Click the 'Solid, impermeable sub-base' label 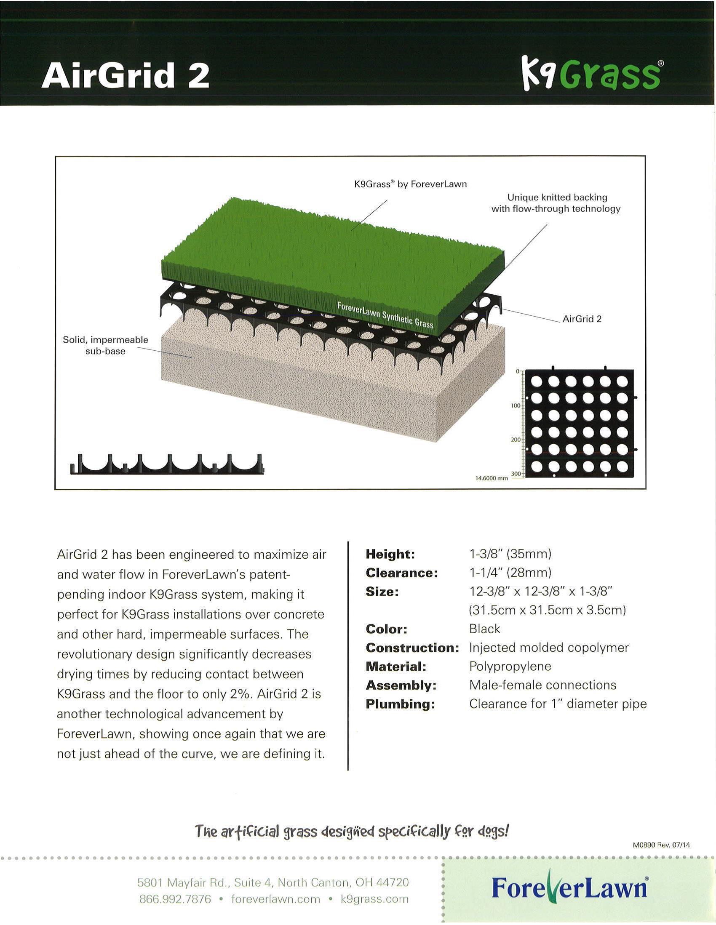[x=105, y=345]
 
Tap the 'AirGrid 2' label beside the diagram [x=582, y=319]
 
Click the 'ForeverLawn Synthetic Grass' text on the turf [x=385, y=315]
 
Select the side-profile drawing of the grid [x=166, y=464]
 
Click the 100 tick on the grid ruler [x=515, y=406]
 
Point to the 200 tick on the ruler [x=515, y=440]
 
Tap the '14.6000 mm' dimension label [x=492, y=478]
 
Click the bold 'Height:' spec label [x=390, y=554]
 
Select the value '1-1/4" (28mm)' [x=510, y=573]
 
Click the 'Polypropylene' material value [x=510, y=666]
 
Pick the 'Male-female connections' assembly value [x=543, y=685]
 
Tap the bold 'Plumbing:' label [x=401, y=704]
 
